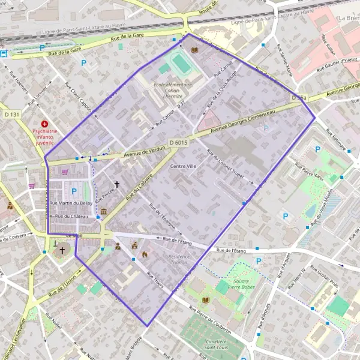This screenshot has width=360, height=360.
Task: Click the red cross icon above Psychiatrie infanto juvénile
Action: coord(44,123)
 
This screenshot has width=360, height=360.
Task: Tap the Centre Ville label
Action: coord(184,166)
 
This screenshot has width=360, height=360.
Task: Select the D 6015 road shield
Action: coord(179,142)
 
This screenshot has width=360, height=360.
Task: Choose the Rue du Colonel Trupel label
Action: coord(230,172)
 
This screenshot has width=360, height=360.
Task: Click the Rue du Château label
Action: coord(71,216)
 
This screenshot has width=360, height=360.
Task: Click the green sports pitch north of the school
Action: coord(179,62)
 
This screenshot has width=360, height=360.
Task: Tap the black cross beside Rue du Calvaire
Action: coord(117,184)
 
